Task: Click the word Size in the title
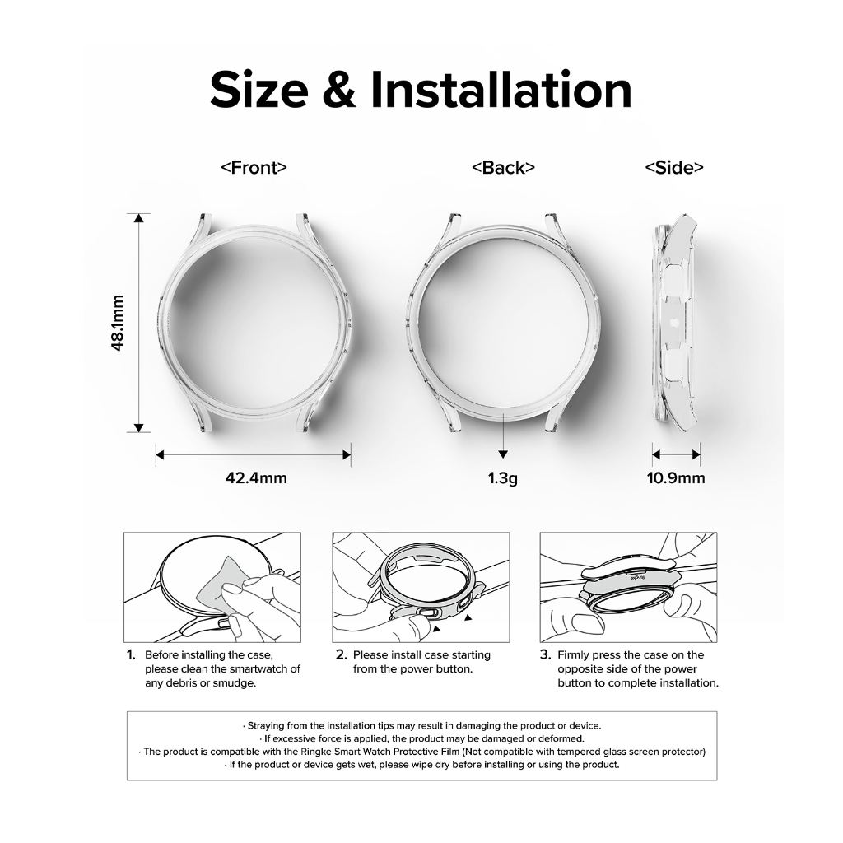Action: click(259, 91)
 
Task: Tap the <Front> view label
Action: click(254, 168)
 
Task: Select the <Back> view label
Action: click(503, 168)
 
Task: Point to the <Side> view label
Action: click(674, 168)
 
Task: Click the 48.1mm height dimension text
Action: click(117, 323)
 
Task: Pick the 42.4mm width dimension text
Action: click(256, 477)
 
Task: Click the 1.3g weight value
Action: click(503, 478)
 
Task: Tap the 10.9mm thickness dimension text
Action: click(676, 477)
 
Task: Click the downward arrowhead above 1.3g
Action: click(503, 454)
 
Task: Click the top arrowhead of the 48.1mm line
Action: click(138, 217)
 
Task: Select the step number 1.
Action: click(131, 654)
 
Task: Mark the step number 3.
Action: click(546, 654)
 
